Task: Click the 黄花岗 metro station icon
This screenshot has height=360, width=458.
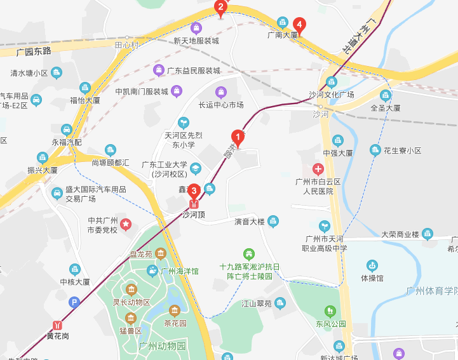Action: click(58, 324)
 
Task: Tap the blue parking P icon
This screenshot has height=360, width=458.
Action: click(75, 303)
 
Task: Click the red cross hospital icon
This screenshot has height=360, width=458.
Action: click(318, 170)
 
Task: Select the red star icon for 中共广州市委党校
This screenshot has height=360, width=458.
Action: click(126, 224)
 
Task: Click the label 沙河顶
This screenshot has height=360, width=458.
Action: click(194, 215)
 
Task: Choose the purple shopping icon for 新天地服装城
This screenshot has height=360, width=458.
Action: click(196, 29)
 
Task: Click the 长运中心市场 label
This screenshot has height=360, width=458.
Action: click(221, 105)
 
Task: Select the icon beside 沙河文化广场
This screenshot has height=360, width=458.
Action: click(331, 82)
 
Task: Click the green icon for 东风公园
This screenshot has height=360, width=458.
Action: click(330, 311)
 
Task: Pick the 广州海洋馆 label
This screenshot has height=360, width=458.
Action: click(180, 271)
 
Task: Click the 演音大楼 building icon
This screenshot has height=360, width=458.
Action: click(273, 221)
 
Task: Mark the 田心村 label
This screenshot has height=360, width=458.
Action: click(126, 45)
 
